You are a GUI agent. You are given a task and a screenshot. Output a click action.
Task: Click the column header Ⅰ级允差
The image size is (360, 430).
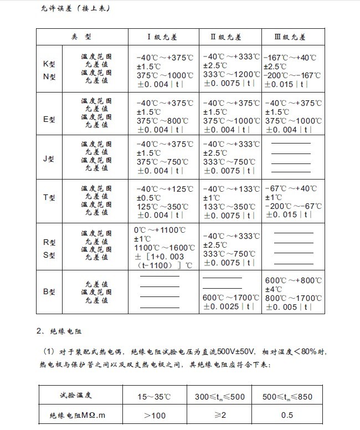[163, 37]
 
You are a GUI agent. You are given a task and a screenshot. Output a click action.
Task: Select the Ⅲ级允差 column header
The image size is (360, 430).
[290, 37]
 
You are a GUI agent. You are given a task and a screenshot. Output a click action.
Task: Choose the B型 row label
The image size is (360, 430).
[49, 291]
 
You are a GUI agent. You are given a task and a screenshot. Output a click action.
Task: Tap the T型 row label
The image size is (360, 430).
[49, 198]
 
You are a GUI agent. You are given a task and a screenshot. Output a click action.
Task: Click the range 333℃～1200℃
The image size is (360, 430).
[230, 75]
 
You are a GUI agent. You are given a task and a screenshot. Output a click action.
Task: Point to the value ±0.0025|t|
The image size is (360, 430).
[230, 306]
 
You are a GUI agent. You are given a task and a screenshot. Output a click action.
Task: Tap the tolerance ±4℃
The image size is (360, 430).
[275, 289]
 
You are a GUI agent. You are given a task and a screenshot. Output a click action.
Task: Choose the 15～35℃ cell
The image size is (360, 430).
[158, 396]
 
